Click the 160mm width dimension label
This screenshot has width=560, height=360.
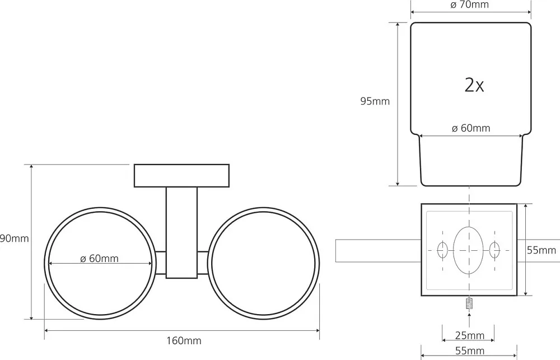pyautogui.click(x=184, y=341)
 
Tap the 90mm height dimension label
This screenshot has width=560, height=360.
pyautogui.click(x=15, y=238)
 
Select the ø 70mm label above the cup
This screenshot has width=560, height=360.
pyautogui.click(x=470, y=4)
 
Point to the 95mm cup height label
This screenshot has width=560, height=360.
pyautogui.click(x=375, y=101)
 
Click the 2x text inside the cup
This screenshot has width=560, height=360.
pyautogui.click(x=474, y=85)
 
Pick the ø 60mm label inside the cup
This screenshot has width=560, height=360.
pyautogui.click(x=471, y=128)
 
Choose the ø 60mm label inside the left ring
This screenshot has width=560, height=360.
pyautogui.click(x=99, y=258)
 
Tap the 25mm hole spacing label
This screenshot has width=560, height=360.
pyautogui.click(x=470, y=335)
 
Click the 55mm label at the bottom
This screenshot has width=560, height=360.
pyautogui.click(x=470, y=351)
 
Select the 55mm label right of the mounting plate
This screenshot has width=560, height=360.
pyautogui.click(x=542, y=250)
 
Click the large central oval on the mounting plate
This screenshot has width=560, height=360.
pyautogui.click(x=468, y=250)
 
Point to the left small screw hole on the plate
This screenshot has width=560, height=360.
pyautogui.click(x=442, y=250)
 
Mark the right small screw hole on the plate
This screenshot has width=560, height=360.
pyautogui.click(x=494, y=250)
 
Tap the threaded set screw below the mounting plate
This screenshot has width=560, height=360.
pyautogui.click(x=469, y=303)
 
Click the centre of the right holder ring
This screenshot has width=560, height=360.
pyautogui.click(x=264, y=263)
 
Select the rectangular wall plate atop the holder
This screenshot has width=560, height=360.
pyautogui.click(x=181, y=176)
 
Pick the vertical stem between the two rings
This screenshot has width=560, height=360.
pyautogui.click(x=181, y=233)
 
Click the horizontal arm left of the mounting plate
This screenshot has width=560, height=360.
pyautogui.click(x=379, y=250)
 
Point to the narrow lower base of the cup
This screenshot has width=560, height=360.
pyautogui.click(x=471, y=160)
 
